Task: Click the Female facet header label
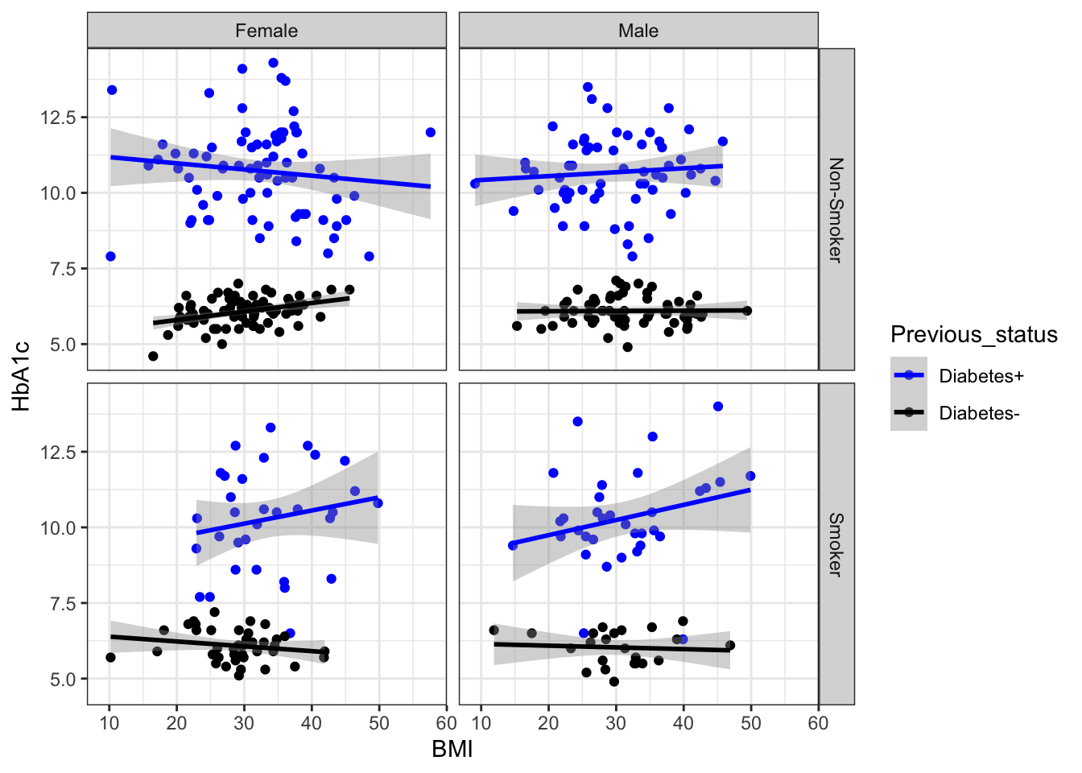click(x=266, y=31)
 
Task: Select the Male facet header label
click(x=638, y=31)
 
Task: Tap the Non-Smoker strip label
click(x=836, y=209)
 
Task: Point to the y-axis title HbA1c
click(x=22, y=376)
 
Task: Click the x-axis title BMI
click(x=452, y=750)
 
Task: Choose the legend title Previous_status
click(x=974, y=335)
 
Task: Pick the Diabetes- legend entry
click(x=979, y=413)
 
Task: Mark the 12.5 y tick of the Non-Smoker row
click(x=58, y=118)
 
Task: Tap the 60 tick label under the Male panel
click(x=818, y=723)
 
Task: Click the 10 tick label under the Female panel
click(x=109, y=723)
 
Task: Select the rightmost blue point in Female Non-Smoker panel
click(x=431, y=132)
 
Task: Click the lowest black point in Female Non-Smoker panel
click(x=153, y=356)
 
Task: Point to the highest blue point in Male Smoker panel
click(x=718, y=407)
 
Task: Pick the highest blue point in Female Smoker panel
click(x=270, y=428)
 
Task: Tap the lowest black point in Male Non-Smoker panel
click(x=628, y=347)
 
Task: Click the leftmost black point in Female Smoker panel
click(x=110, y=657)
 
